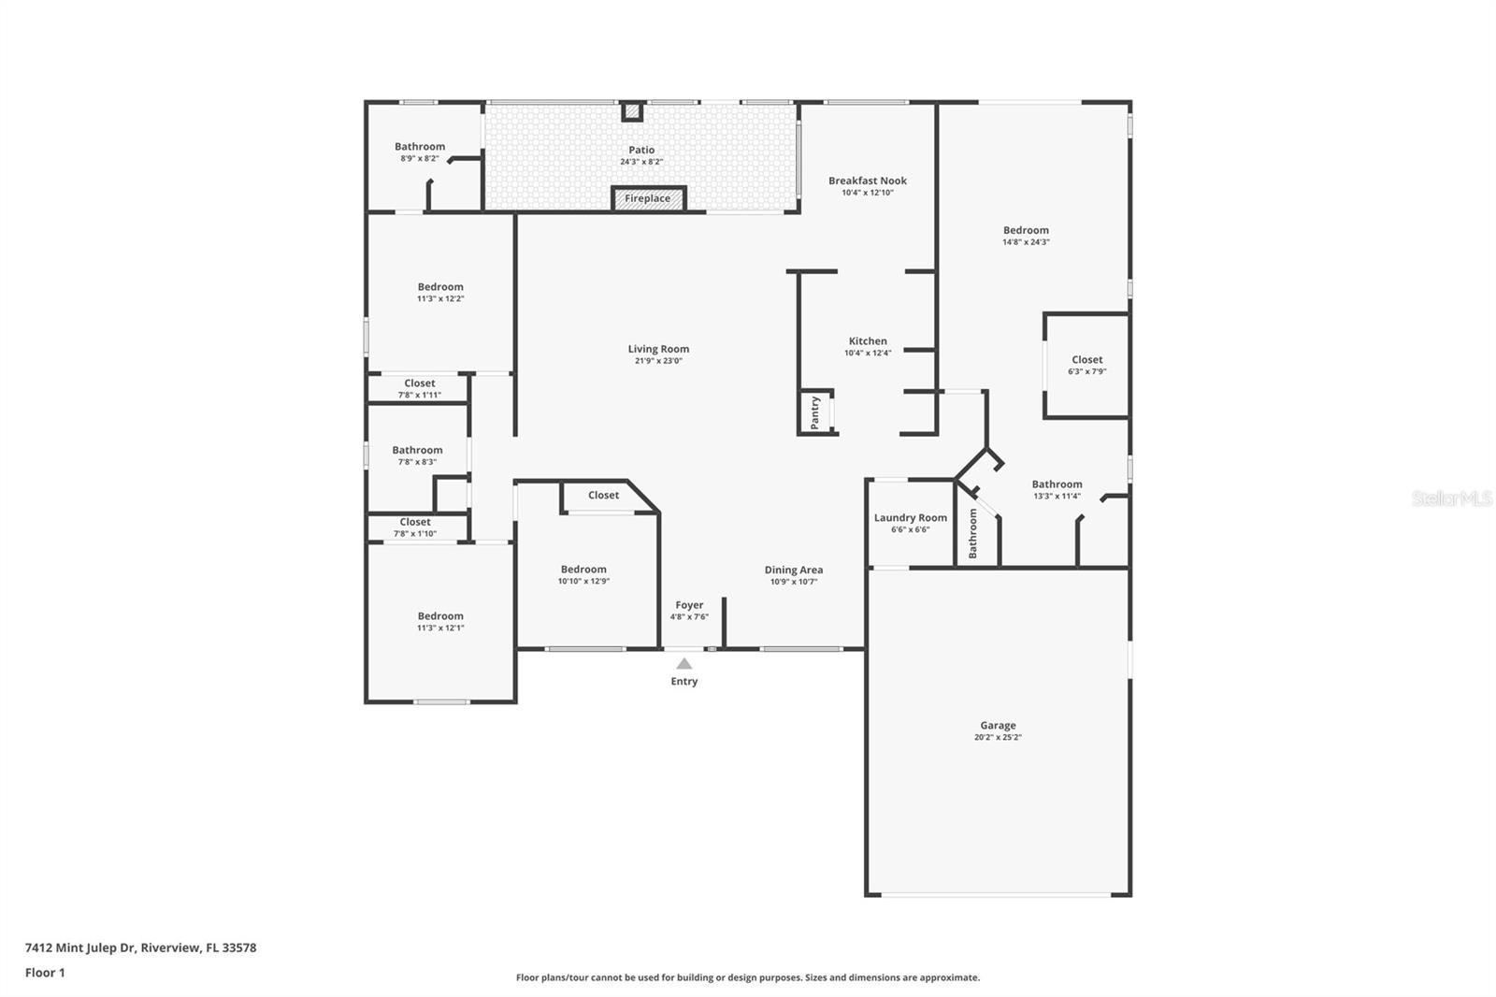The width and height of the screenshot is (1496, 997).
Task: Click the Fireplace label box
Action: (648, 198)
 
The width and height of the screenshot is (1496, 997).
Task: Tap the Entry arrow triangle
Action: (684, 664)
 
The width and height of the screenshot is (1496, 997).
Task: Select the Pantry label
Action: (815, 412)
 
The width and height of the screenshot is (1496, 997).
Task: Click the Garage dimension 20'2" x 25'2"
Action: (998, 737)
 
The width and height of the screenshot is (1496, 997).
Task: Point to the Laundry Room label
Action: (910, 517)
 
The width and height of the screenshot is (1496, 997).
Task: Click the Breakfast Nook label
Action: (867, 181)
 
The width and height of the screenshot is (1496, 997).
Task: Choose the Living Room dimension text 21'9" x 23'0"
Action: (658, 361)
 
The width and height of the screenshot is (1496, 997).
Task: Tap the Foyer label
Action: (689, 605)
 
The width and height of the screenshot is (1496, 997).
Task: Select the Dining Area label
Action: (793, 570)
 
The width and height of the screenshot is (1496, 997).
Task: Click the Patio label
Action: (641, 150)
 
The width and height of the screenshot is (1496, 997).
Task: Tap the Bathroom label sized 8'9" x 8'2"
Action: (420, 147)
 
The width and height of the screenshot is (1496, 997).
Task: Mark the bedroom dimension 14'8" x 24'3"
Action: (1026, 242)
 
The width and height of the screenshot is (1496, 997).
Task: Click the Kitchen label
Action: (868, 341)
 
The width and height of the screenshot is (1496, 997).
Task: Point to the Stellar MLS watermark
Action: (1451, 498)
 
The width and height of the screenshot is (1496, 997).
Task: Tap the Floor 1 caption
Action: (45, 973)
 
